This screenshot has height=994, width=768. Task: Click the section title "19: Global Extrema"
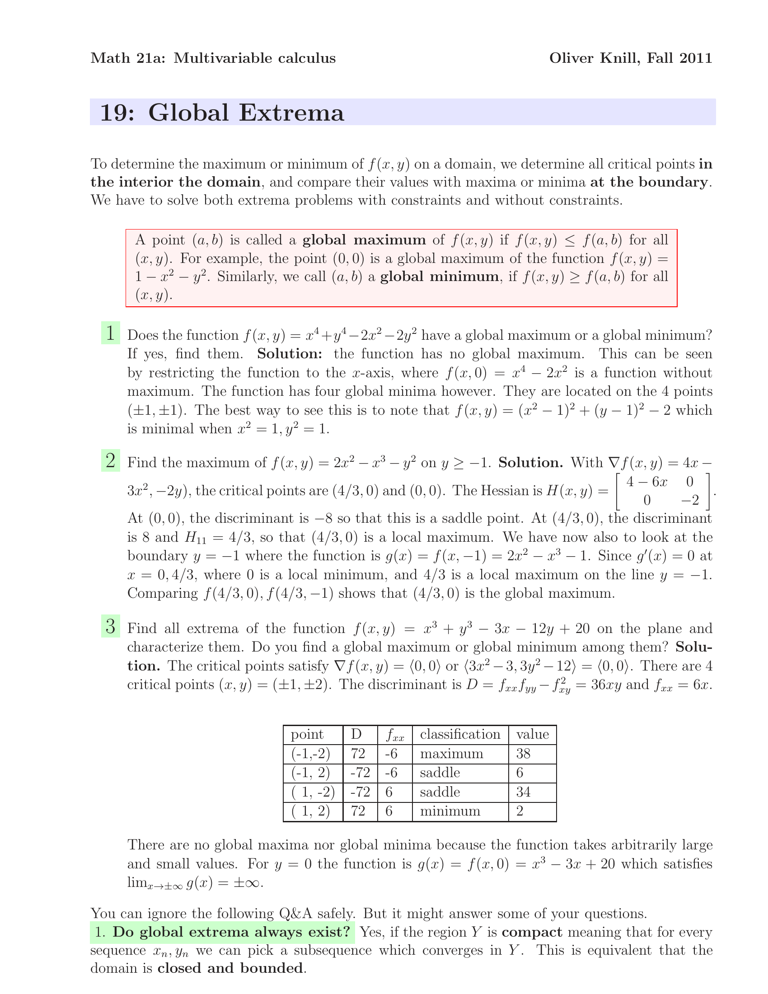(221, 113)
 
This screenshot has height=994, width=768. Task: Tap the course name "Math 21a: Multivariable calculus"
(213, 58)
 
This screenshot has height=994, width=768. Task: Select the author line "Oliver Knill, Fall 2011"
(630, 58)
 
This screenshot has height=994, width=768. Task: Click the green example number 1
(111, 333)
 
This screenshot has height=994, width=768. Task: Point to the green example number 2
(111, 460)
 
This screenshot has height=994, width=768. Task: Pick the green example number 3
(111, 626)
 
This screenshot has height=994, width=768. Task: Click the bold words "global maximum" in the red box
(364, 240)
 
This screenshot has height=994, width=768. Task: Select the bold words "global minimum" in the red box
(439, 277)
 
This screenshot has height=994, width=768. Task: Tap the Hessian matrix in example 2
(662, 491)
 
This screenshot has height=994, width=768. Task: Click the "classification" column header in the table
(460, 735)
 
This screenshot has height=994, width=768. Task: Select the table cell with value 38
(523, 754)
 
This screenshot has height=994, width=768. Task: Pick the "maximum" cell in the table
(451, 754)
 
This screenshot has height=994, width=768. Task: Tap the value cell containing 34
(523, 792)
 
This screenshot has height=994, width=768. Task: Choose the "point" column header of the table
(307, 735)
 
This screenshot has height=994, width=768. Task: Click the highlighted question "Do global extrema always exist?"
(222, 932)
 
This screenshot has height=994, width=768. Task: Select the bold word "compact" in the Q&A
(532, 932)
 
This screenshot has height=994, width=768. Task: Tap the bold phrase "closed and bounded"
(230, 968)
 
